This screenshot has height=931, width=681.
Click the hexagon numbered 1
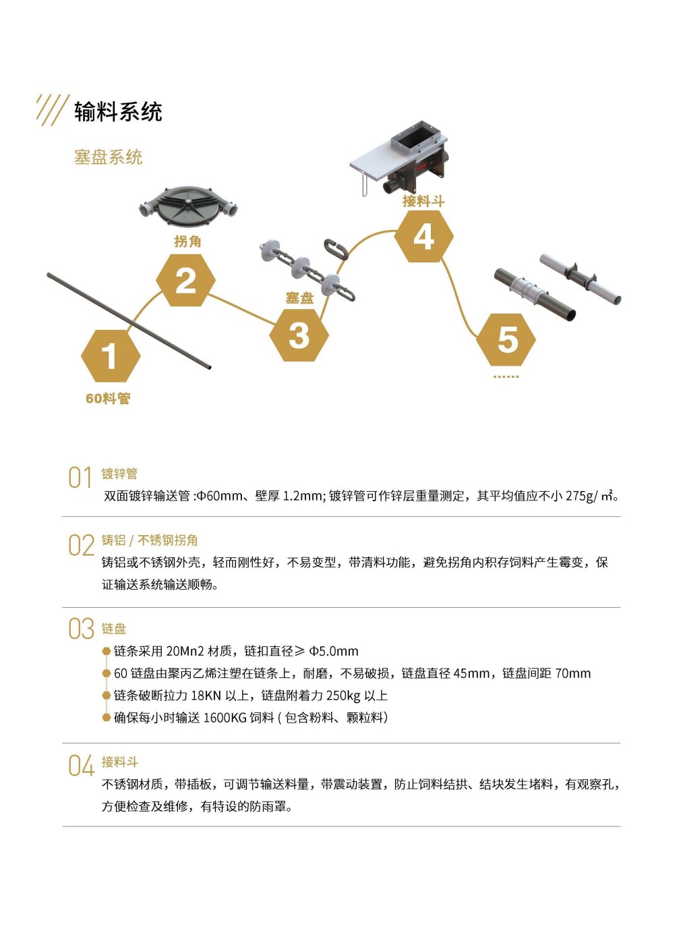click(x=110, y=356)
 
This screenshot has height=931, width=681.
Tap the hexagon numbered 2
click(x=185, y=281)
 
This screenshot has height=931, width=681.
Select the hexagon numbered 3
click(x=299, y=335)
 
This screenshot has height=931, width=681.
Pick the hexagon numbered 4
click(x=423, y=236)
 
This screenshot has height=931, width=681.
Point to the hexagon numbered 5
click(x=506, y=339)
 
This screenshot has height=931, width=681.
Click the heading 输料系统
click(x=118, y=112)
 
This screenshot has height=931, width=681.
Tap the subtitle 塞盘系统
click(x=108, y=157)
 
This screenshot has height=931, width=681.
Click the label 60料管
click(x=108, y=398)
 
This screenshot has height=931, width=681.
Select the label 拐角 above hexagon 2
click(x=187, y=241)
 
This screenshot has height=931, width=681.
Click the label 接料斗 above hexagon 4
click(x=423, y=200)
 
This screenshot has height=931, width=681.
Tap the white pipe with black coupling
click(x=581, y=278)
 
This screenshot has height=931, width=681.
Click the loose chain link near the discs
click(x=336, y=249)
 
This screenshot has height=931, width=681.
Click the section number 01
click(x=80, y=478)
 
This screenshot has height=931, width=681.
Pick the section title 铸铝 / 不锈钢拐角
click(x=150, y=540)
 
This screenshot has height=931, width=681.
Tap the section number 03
click(x=81, y=629)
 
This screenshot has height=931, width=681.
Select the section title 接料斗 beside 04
click(x=120, y=762)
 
